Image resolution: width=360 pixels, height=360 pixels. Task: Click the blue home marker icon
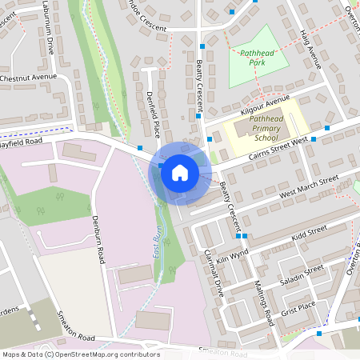tap(180, 172)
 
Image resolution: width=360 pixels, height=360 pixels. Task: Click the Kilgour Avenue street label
tap(264, 104)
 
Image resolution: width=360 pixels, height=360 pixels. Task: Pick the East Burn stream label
tap(158, 239)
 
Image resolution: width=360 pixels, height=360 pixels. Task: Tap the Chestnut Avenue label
tap(30, 78)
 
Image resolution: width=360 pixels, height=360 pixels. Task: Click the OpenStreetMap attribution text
tap(80, 354)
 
